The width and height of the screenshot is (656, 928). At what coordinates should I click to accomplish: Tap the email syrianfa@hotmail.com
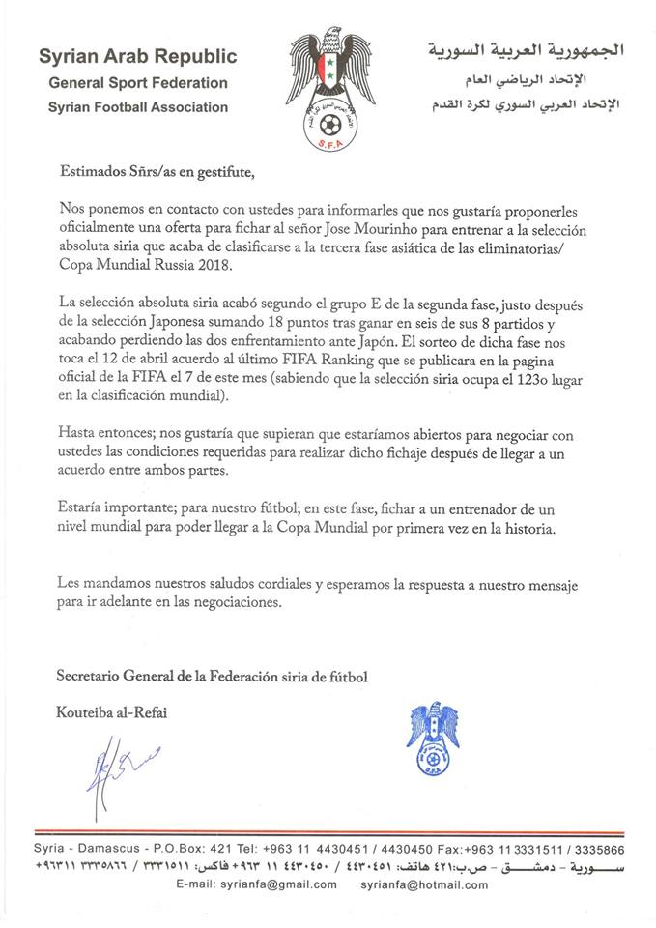click(x=422, y=884)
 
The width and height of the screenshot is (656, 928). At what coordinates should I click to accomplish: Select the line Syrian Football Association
click(x=138, y=107)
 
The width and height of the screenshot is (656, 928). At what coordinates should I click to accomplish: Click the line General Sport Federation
click(x=139, y=83)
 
